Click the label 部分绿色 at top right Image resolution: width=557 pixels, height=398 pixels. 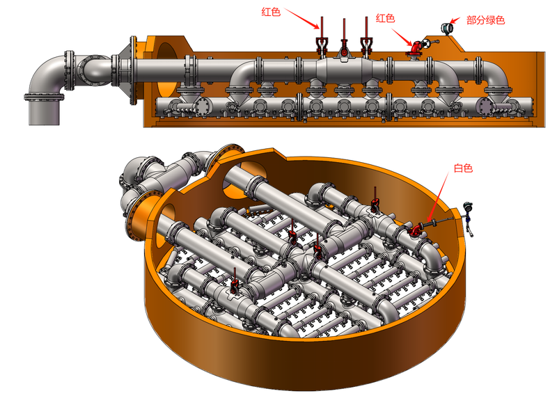(485, 21)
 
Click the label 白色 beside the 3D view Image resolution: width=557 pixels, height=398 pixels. (463, 168)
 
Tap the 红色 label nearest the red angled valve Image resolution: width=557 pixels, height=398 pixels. (385, 18)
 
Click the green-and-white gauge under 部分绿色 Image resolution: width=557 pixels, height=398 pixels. (446, 29)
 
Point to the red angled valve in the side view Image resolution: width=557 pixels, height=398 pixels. (417, 47)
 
